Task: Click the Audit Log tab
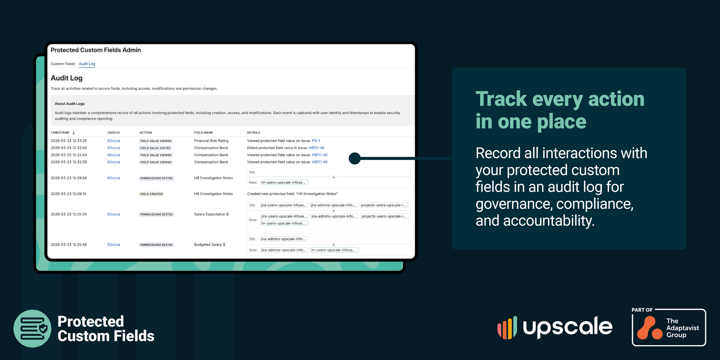(87, 64)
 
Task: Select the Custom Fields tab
(63, 64)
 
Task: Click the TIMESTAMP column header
(60, 133)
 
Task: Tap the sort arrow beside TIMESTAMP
(74, 133)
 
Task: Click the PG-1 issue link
(316, 141)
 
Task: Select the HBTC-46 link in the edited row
(316, 148)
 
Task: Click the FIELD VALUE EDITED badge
(155, 148)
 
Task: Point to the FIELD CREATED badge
(152, 194)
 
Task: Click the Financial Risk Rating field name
(211, 141)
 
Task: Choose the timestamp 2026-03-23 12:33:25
(69, 141)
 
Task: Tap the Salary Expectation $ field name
(211, 214)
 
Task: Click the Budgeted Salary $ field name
(210, 245)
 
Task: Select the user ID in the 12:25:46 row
(114, 245)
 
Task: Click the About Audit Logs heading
(70, 104)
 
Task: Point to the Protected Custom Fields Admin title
(96, 50)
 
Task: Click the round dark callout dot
(354, 158)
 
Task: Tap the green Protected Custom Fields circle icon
(32, 328)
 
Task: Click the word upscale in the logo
(568, 327)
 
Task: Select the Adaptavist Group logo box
(669, 328)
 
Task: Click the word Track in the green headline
(501, 99)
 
